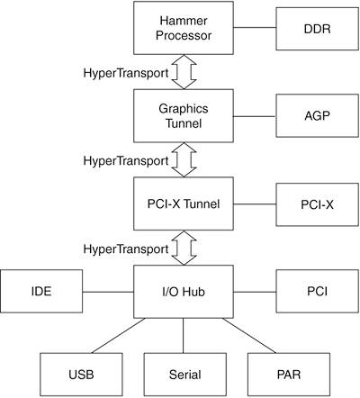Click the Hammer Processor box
point(184,28)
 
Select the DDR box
point(317,29)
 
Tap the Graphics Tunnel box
point(184,116)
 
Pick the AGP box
point(317,116)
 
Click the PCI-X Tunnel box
point(184,204)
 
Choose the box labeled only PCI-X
point(317,204)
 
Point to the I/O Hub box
point(184,292)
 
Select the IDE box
point(41,291)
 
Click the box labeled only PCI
point(317,291)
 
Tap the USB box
point(81,375)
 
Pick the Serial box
point(184,375)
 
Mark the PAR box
point(289,375)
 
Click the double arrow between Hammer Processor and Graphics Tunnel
point(184,72)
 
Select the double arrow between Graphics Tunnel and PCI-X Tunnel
point(184,159)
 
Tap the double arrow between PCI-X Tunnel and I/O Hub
point(184,248)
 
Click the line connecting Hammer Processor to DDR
point(255,28)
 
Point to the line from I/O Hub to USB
point(118,336)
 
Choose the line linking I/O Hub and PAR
point(249,336)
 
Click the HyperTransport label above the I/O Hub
point(126,249)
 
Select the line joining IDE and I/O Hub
point(108,292)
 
